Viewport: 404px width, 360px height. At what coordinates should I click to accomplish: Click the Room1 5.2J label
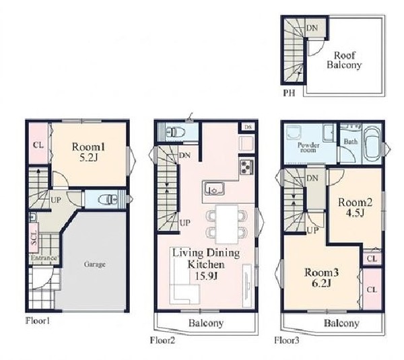[x=88, y=152]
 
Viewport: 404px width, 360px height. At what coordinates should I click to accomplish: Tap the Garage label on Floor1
[x=94, y=264]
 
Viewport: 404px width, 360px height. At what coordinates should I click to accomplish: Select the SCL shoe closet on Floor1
[x=34, y=238]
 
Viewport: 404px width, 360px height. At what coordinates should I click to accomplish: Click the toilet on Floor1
[x=108, y=199]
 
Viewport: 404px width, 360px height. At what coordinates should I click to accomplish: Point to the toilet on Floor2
[x=176, y=133]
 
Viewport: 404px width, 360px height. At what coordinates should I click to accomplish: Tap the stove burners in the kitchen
[x=247, y=167]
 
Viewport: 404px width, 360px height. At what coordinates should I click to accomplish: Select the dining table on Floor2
[x=227, y=224]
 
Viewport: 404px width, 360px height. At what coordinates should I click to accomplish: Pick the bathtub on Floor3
[x=372, y=145]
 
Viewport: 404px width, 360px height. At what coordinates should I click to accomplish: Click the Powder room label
[x=308, y=147]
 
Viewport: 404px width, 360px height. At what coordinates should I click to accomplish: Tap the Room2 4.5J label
[x=355, y=207]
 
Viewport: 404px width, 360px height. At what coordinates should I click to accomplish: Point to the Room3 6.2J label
[x=321, y=278]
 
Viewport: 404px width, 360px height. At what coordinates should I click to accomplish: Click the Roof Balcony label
[x=345, y=60]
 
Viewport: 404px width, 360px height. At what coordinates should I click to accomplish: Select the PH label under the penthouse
[x=289, y=93]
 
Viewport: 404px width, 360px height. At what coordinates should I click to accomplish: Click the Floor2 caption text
[x=162, y=340]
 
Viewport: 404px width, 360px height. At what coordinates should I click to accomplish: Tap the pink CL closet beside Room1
[x=38, y=143]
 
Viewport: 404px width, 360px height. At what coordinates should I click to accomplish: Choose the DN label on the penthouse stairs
[x=312, y=28]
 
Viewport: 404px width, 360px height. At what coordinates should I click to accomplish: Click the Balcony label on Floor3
[x=341, y=323]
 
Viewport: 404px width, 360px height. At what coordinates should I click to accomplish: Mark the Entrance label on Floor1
[x=44, y=258]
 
